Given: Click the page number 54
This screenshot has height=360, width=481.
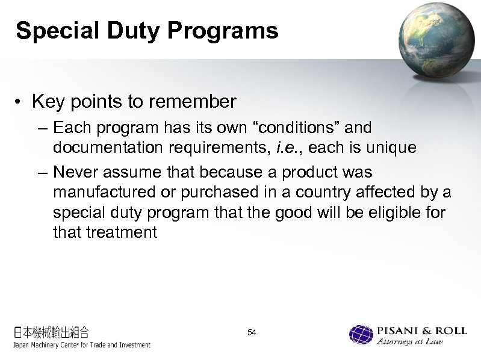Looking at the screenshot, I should pyautogui.click(x=252, y=333).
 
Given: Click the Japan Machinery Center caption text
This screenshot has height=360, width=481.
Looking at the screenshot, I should pyautogui.click(x=81, y=345).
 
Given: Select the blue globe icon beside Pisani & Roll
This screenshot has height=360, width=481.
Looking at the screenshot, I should pyautogui.click(x=361, y=335).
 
